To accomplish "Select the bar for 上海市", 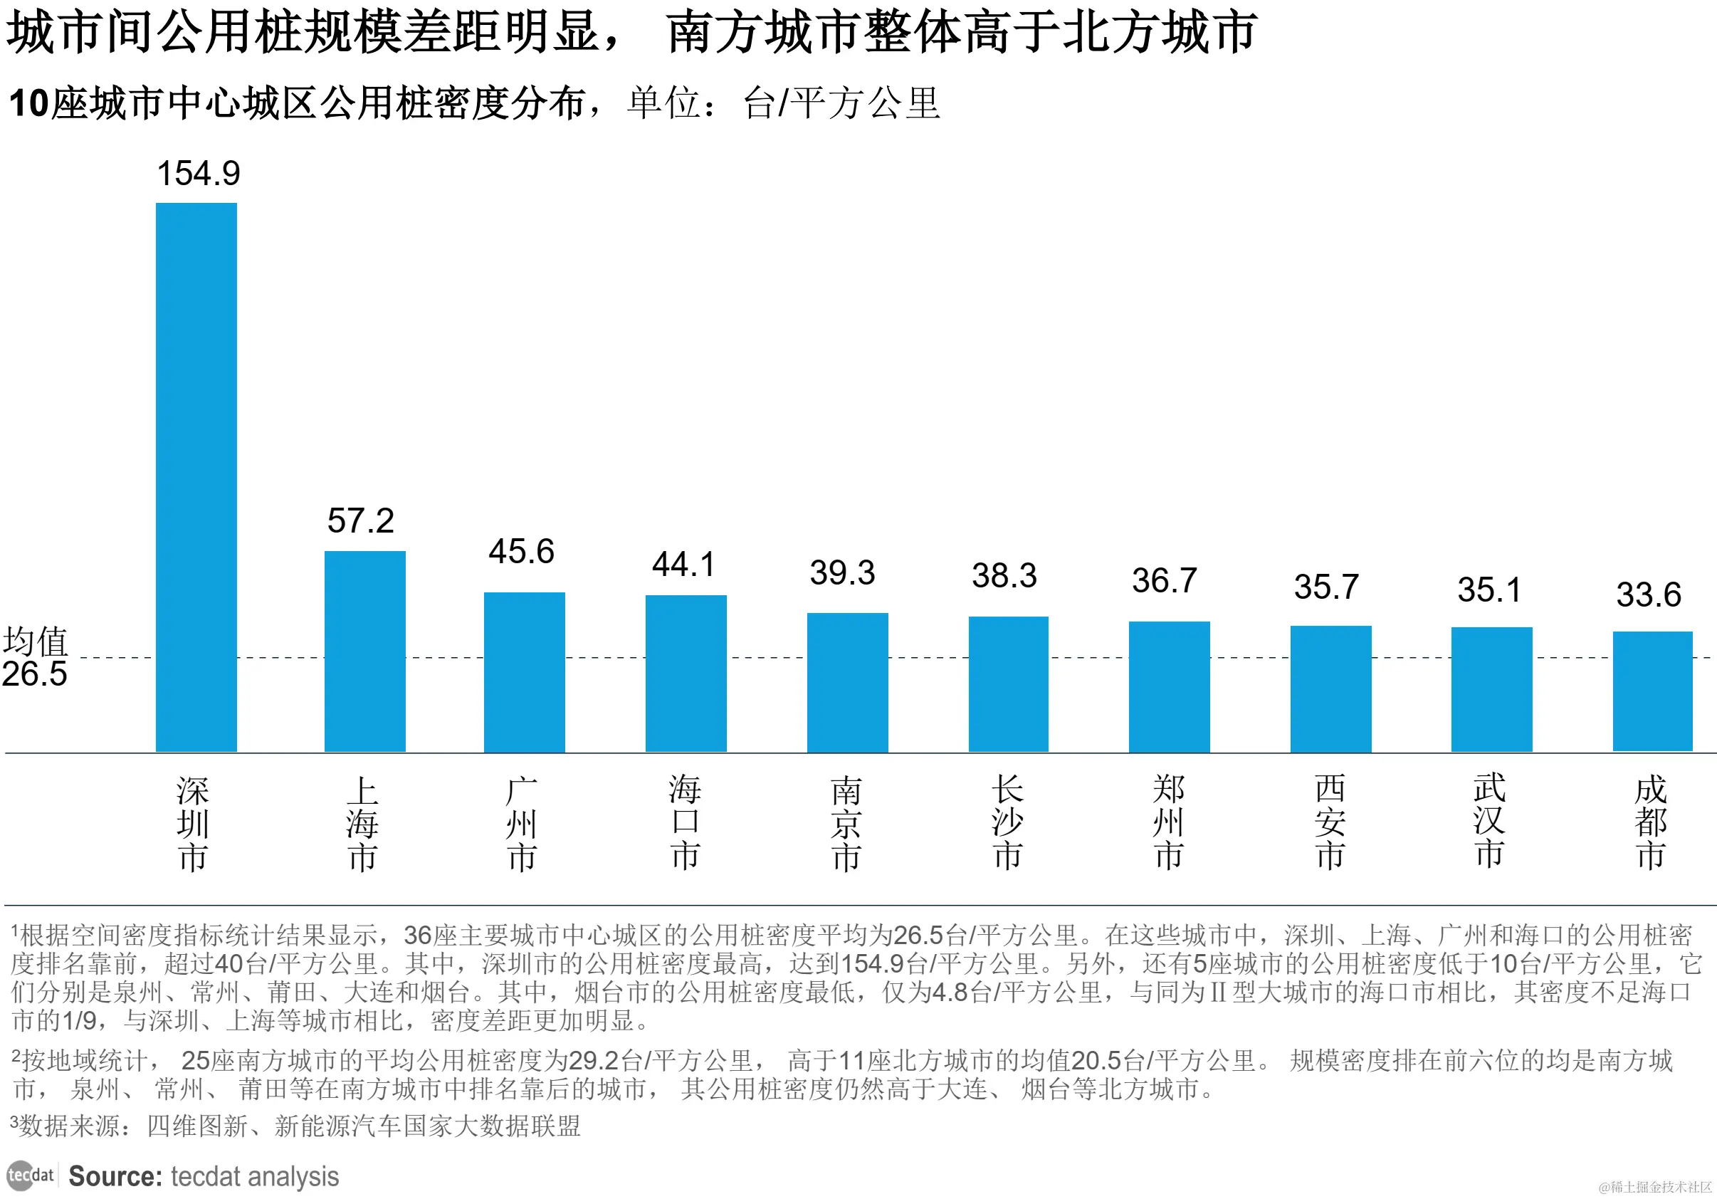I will (365, 651).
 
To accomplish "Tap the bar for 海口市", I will (686, 673).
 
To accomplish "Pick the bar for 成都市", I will (1652, 691).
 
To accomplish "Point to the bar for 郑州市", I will (1169, 686).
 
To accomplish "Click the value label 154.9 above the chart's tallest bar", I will (198, 174).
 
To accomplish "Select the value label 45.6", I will (521, 552).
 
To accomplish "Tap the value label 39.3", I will (842, 573).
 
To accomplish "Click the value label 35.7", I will (1326, 587).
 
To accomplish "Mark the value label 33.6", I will (1648, 595).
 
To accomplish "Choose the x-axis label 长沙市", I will (1007, 823).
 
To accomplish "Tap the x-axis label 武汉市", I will (1490, 821).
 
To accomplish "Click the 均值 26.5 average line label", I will (35, 657).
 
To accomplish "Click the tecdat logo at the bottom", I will (31, 1175).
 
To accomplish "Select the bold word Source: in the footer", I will (115, 1176).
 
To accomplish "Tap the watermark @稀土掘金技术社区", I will (1654, 1187).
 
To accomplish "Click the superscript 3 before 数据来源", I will (14, 1121).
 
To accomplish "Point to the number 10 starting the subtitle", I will (29, 103).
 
